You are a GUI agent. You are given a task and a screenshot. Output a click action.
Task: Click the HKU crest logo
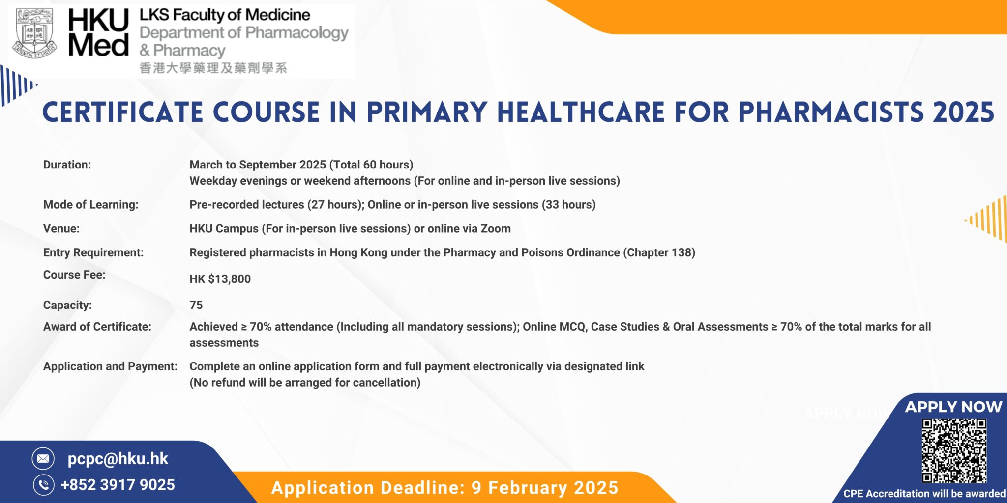(x=34, y=33)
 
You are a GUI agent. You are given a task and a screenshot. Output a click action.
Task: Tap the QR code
(x=954, y=450)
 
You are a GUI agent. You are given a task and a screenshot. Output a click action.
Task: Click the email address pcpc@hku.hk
(x=118, y=458)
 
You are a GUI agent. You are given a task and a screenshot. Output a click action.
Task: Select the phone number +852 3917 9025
(x=118, y=485)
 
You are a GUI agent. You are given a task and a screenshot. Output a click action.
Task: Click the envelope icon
(x=43, y=458)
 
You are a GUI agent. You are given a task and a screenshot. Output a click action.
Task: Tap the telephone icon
(x=43, y=485)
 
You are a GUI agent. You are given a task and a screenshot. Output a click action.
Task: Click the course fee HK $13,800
(x=220, y=279)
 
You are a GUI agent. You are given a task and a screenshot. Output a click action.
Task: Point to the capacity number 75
(x=196, y=305)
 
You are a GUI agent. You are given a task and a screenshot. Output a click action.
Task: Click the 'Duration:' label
(x=67, y=165)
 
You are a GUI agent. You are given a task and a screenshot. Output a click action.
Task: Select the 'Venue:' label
(x=61, y=228)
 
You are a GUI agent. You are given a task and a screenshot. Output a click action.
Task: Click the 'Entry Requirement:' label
(x=93, y=252)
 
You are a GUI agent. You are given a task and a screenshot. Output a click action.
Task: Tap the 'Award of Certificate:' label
(x=97, y=327)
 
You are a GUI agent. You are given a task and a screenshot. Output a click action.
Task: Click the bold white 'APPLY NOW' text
(x=953, y=407)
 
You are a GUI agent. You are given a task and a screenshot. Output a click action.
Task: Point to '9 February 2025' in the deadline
(x=544, y=488)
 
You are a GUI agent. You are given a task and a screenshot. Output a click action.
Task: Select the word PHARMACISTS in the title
(x=831, y=112)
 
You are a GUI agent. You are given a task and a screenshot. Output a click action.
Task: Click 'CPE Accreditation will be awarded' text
(x=924, y=494)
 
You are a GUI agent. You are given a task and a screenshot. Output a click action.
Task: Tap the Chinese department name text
(x=213, y=68)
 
